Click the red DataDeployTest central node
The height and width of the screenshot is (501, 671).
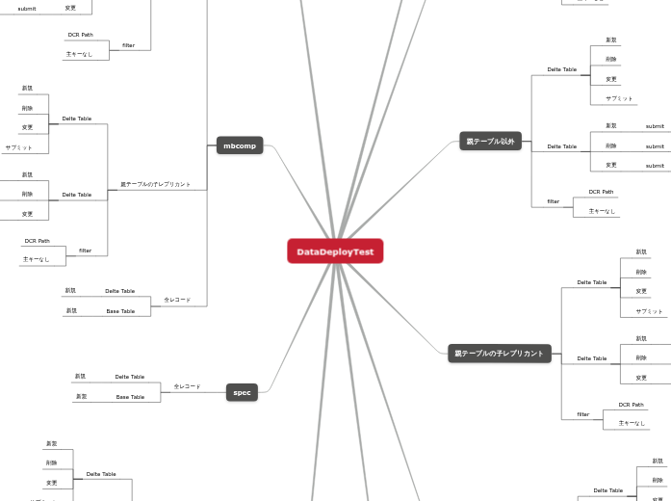coord(335,251)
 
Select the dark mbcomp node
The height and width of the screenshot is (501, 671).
coord(240,145)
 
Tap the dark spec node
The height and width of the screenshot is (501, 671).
coord(243,392)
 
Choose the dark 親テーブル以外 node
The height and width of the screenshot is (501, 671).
coord(490,142)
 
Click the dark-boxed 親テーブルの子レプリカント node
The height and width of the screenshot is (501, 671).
coord(499,354)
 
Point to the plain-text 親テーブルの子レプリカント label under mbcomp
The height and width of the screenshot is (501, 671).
coord(155,184)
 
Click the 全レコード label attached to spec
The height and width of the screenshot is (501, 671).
coord(187,386)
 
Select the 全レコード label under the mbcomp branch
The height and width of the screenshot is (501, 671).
coord(177,300)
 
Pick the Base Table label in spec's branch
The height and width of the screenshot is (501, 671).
coord(130,397)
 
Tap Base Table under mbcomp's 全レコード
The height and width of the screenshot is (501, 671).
coord(120,311)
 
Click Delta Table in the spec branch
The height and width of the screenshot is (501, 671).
coord(129,377)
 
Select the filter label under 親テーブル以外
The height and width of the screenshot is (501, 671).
coord(554,201)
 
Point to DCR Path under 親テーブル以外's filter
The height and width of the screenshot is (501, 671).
coord(601,192)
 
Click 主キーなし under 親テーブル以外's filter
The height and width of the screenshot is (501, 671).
coord(603,211)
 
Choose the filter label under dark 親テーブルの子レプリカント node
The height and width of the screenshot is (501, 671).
coord(582,414)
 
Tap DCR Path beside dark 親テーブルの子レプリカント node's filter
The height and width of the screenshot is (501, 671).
coord(631,405)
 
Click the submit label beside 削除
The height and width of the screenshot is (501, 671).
coord(655,146)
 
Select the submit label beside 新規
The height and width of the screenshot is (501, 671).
coord(655,126)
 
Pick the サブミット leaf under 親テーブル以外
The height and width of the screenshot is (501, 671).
coord(619,98)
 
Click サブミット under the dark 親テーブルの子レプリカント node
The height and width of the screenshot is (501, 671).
coord(649,311)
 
